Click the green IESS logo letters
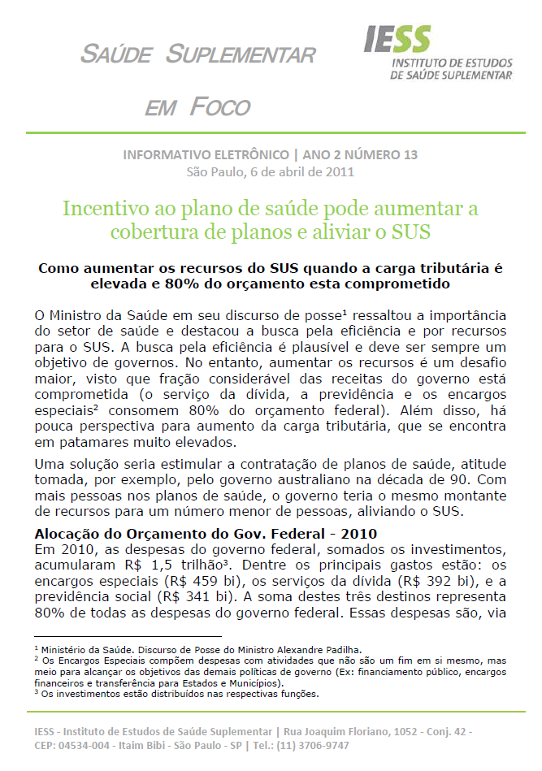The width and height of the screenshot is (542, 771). pyautogui.click(x=397, y=40)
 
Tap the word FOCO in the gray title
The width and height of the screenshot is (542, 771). pyautogui.click(x=220, y=106)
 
